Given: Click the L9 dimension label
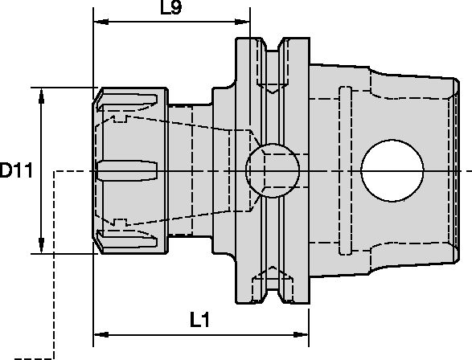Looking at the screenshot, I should point(170,10).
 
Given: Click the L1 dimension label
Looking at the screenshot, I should point(201,320).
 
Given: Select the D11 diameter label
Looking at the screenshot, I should point(16,170).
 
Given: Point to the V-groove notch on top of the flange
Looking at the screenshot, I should point(274,44).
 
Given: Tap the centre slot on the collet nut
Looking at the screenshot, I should point(125,170).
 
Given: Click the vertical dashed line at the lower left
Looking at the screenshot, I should point(54,265).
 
